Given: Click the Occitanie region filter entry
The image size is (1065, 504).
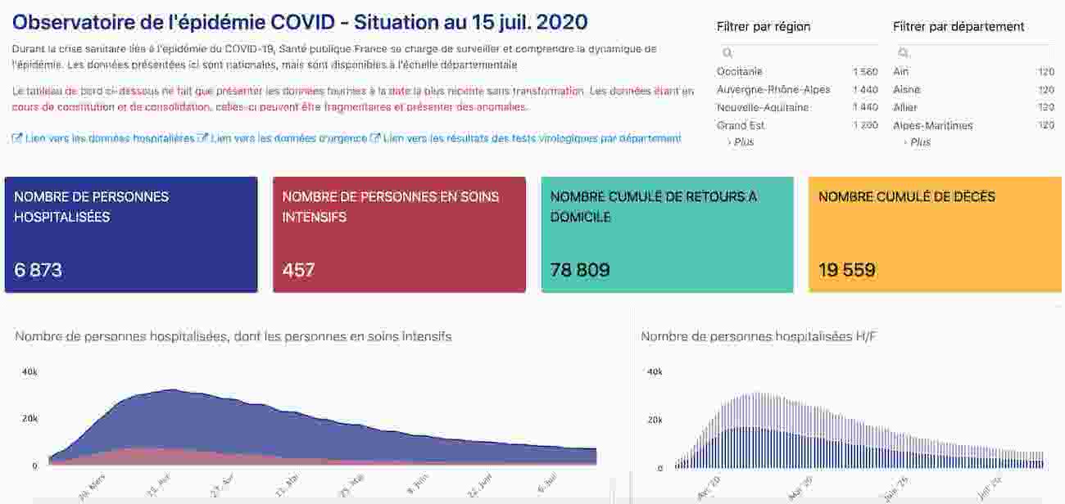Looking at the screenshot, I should tap(739, 72).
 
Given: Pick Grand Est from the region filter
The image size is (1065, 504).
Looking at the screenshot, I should tap(741, 126).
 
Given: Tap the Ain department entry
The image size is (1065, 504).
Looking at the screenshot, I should tap(900, 72).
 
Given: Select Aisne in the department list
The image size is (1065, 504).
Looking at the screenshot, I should tap(906, 90).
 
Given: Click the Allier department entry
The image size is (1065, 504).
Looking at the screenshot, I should tap(905, 108).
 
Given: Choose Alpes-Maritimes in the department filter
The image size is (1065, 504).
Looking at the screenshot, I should tap(932, 126).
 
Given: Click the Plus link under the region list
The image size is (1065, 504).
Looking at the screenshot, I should tap(743, 142).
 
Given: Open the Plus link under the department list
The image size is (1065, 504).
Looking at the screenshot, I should tap(920, 142).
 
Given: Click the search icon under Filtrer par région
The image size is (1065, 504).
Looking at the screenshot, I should tap(727, 53).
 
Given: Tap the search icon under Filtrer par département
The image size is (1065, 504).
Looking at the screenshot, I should tap(904, 53).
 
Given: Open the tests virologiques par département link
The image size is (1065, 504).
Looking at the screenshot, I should tap(532, 139).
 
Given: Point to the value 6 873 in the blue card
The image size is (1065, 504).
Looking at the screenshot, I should tap(39, 270).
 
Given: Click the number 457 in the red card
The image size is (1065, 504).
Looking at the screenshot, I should tap(298, 270).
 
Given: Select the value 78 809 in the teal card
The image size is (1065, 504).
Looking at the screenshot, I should tap(580, 270).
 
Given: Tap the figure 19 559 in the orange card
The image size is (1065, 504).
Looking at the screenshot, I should tap(847, 270).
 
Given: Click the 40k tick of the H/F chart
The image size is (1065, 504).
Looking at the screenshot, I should tap(655, 372).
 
